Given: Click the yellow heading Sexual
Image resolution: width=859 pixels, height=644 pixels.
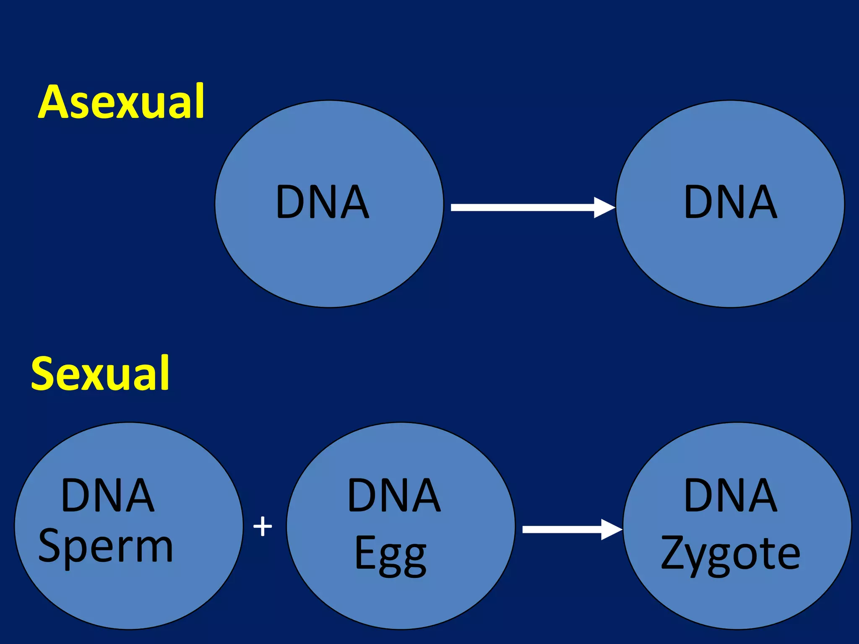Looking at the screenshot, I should [x=100, y=373].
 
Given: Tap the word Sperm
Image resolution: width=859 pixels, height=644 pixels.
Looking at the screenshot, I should [x=105, y=546].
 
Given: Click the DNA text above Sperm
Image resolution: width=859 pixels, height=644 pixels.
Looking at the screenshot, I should [x=107, y=496].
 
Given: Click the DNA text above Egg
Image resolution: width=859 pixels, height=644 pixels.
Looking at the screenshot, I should [x=394, y=496].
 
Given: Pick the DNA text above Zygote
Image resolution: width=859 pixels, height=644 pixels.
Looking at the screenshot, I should [x=730, y=496].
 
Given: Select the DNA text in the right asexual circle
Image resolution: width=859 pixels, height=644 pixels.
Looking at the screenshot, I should [x=730, y=203].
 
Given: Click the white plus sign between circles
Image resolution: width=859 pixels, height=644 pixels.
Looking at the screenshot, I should [x=263, y=526].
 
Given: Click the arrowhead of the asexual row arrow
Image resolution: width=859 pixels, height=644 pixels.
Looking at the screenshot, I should [x=604, y=207].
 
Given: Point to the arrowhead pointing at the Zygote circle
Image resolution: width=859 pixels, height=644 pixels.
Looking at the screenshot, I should [x=611, y=529].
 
